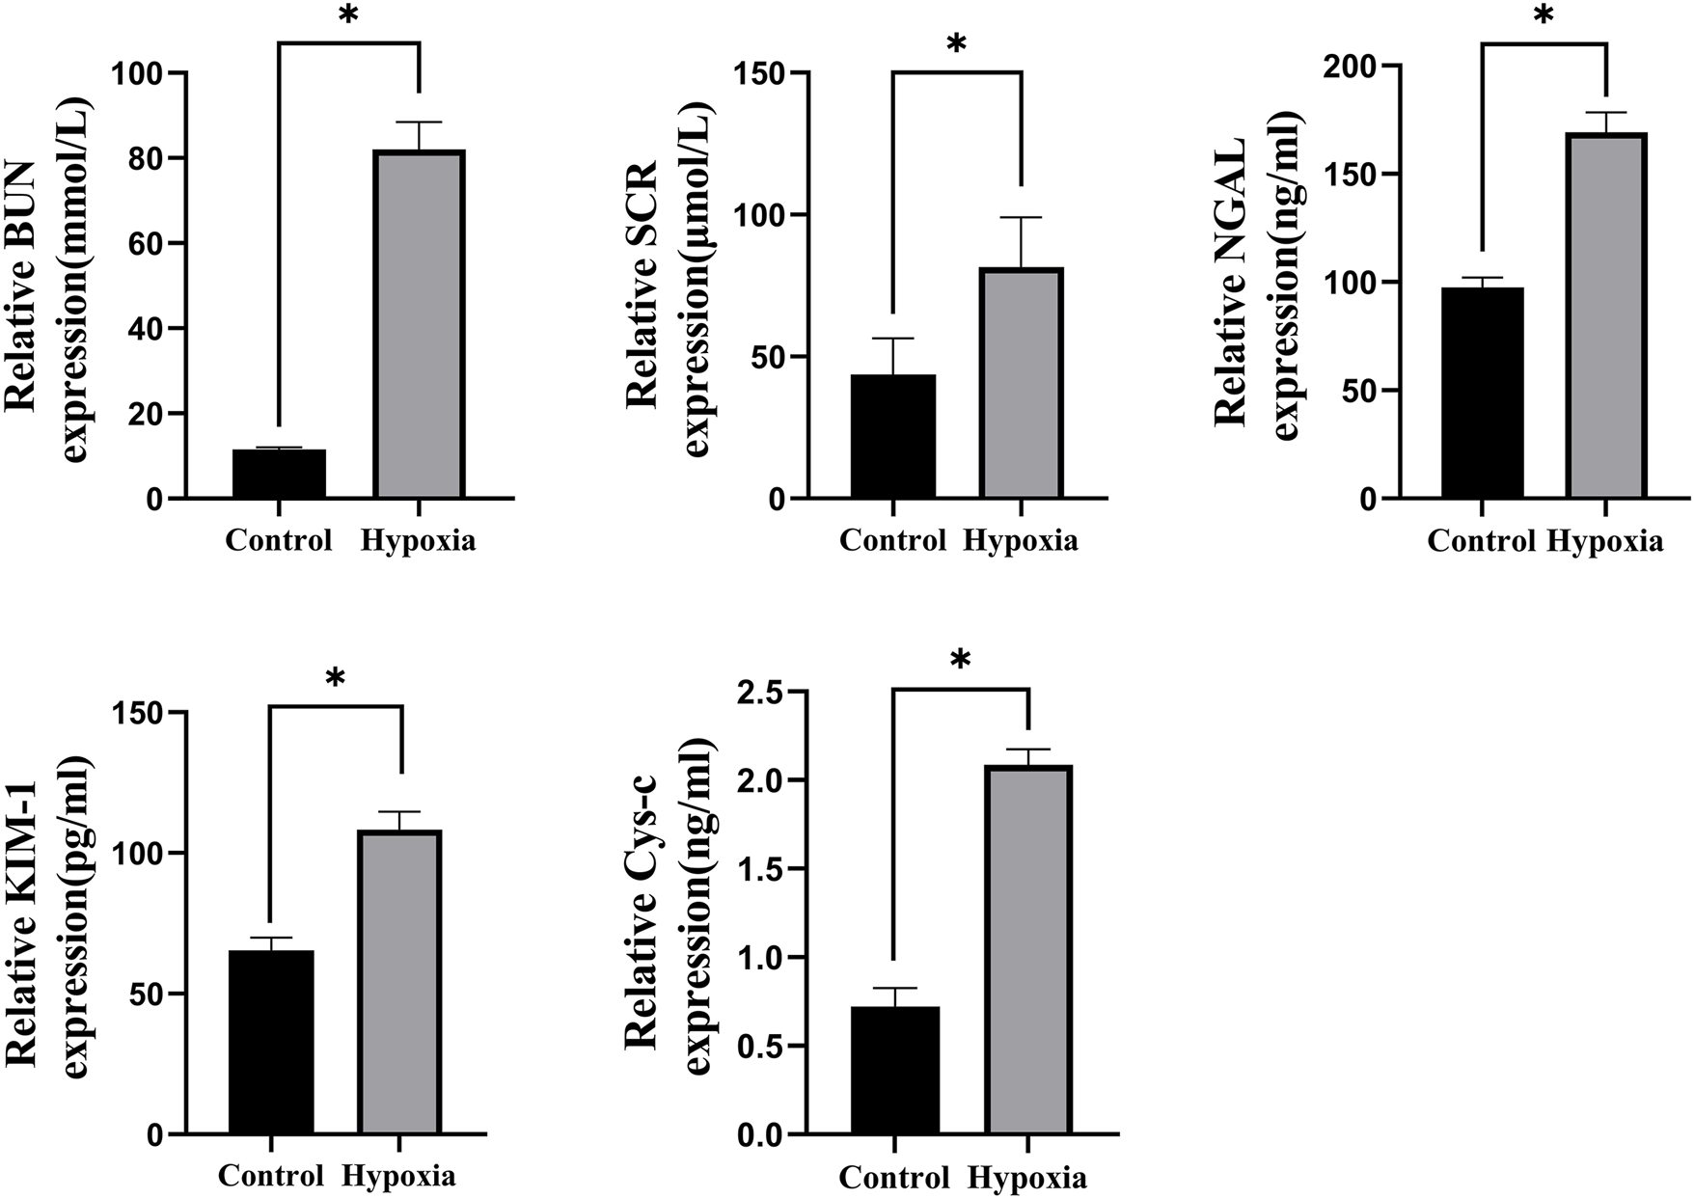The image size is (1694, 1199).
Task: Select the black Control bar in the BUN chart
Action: point(279,474)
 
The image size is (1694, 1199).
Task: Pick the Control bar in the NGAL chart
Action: point(1482,393)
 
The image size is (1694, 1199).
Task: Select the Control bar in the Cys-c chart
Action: point(894,1070)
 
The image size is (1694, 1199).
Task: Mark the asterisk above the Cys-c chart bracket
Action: point(960,662)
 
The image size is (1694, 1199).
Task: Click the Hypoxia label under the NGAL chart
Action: point(1605,541)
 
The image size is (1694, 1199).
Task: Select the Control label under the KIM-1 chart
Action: point(270,1176)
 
